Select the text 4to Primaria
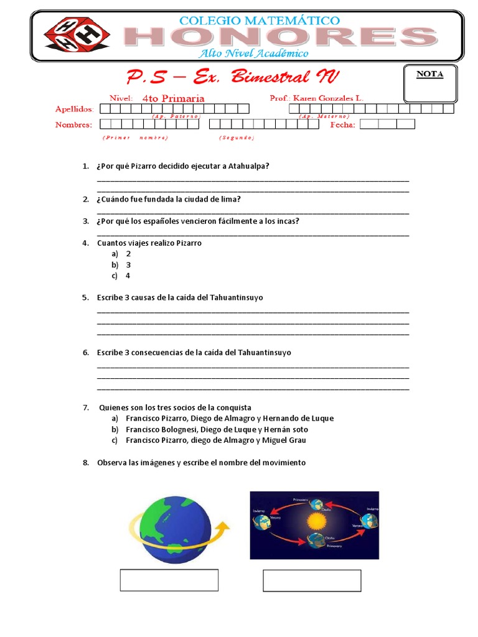pyautogui.click(x=173, y=98)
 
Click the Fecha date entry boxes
pyautogui.click(x=387, y=124)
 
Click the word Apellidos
pyautogui.click(x=74, y=109)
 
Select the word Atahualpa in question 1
pyautogui.click(x=249, y=166)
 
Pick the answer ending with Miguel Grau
pyautogui.click(x=215, y=440)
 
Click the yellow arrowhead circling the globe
pyautogui.click(x=223, y=527)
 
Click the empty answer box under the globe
pyautogui.click(x=169, y=580)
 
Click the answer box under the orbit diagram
pyautogui.click(x=312, y=580)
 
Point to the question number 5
pyautogui.click(x=86, y=298)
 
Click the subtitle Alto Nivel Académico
pyautogui.click(x=253, y=53)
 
